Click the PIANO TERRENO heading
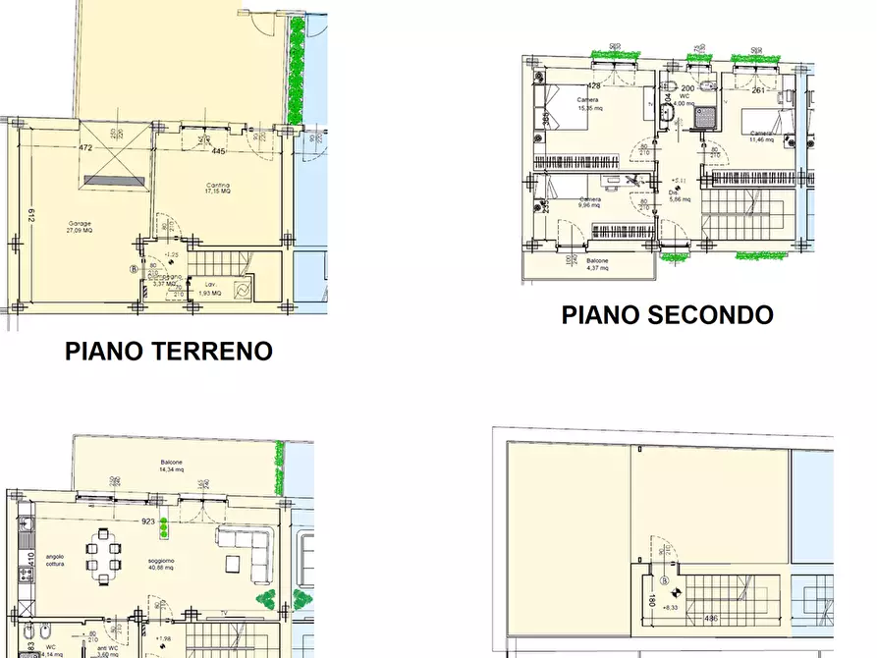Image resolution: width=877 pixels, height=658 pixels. (168, 351)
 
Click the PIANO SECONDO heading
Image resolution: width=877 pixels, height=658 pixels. (667, 315)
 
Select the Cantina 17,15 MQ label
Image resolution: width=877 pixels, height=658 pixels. (218, 189)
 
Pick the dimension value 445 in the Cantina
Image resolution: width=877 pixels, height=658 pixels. (218, 151)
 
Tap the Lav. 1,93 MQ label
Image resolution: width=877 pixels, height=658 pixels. (209, 291)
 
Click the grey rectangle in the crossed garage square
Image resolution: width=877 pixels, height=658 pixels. (114, 180)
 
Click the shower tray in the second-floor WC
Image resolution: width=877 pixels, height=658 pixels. (703, 118)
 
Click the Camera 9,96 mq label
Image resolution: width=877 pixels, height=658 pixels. (589, 203)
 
